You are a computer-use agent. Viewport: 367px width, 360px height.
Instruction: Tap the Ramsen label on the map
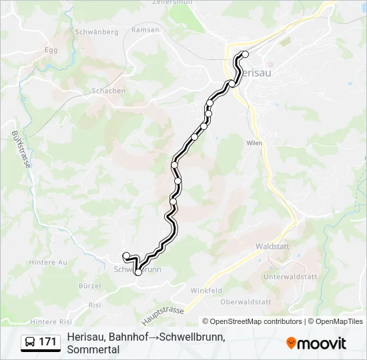(145, 30)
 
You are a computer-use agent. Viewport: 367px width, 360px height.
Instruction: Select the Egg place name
(51, 49)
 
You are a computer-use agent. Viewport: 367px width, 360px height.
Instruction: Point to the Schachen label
(109, 91)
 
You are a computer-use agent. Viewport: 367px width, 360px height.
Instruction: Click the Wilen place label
(253, 143)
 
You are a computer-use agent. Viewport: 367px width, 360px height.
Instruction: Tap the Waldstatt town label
(272, 246)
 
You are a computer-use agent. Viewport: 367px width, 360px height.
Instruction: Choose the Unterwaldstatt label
(289, 276)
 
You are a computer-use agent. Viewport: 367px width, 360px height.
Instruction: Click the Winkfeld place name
(206, 291)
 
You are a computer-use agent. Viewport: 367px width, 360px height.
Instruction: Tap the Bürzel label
(89, 285)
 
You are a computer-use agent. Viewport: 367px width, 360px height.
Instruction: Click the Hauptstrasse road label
(163, 313)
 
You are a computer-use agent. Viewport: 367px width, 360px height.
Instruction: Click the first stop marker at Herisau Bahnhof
(245, 55)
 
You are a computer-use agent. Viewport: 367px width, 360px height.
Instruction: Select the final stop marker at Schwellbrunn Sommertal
(126, 255)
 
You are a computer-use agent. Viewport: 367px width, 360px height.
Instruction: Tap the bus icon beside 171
(30, 342)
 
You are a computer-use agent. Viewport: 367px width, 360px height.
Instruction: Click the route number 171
(47, 342)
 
